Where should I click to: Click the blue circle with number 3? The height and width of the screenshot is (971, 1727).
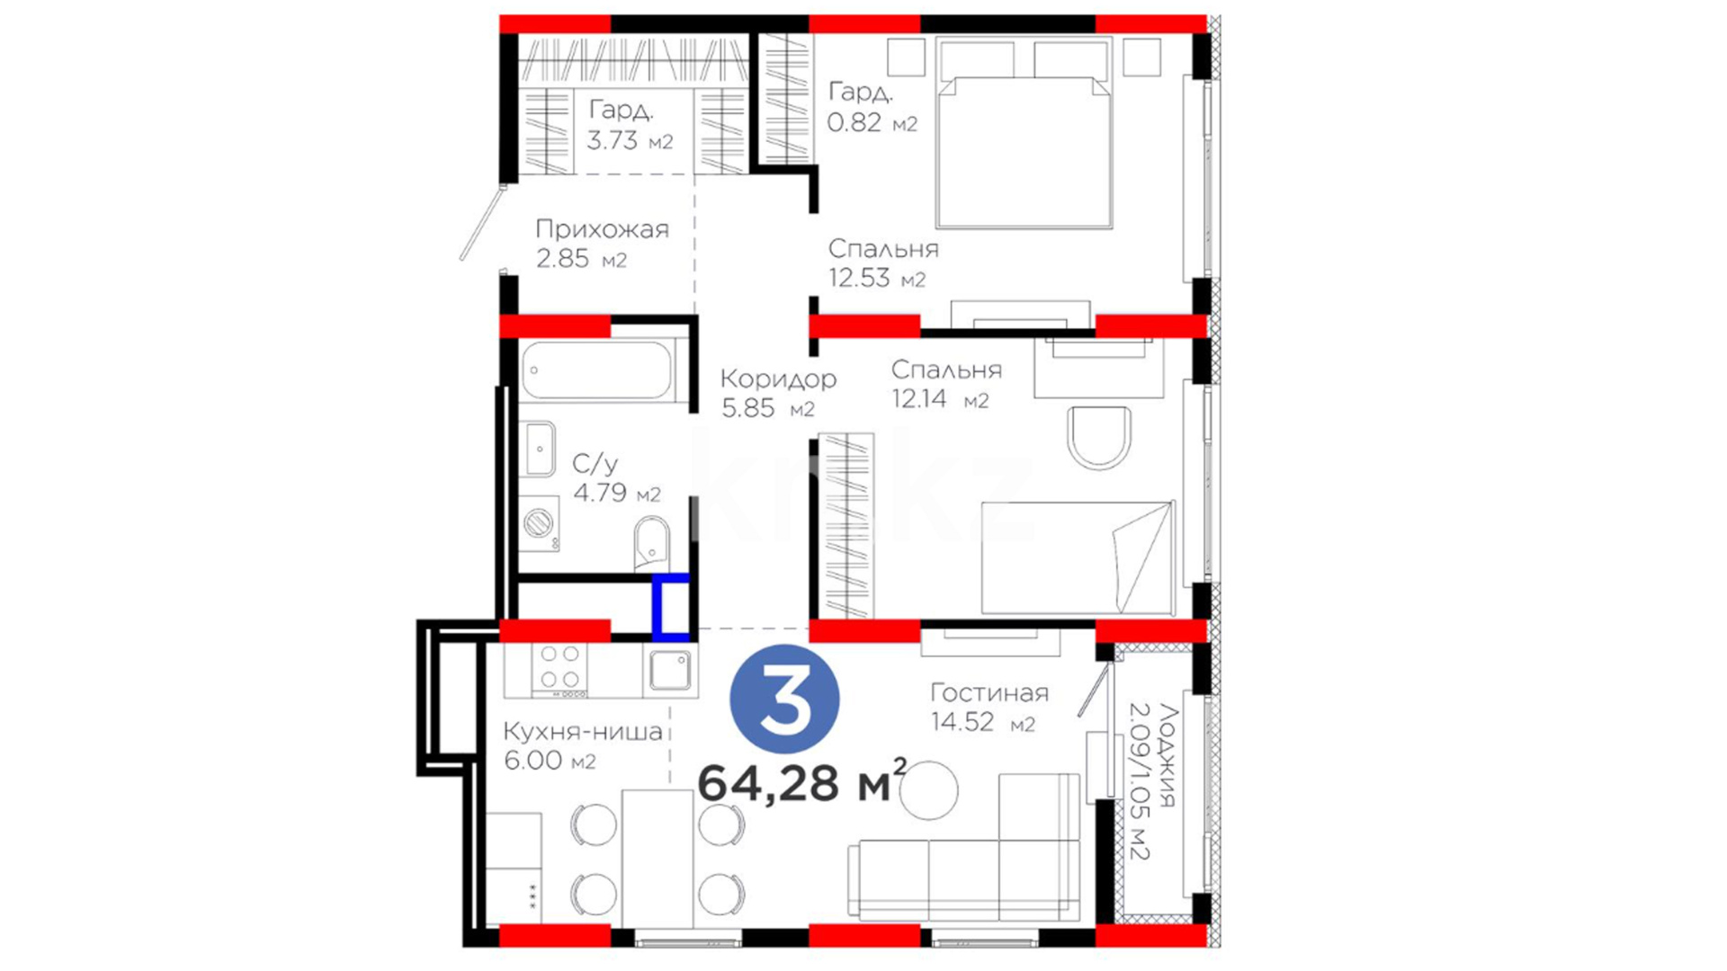pyautogui.click(x=784, y=699)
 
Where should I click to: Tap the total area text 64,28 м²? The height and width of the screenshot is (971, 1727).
pyautogui.click(x=801, y=781)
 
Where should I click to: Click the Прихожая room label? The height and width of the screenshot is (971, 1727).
pyautogui.click(x=602, y=229)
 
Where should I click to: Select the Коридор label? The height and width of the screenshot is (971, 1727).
pyautogui.click(x=778, y=379)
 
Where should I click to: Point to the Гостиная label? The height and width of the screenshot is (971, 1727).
pyautogui.click(x=989, y=692)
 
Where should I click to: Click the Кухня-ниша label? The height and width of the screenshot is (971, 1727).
pyautogui.click(x=583, y=731)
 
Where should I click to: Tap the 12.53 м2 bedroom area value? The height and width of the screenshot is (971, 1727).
pyautogui.click(x=877, y=278)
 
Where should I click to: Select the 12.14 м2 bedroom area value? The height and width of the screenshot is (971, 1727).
pyautogui.click(x=940, y=398)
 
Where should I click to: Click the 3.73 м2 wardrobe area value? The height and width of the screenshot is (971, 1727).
pyautogui.click(x=630, y=140)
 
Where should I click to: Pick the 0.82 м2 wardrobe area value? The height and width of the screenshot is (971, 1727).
pyautogui.click(x=872, y=122)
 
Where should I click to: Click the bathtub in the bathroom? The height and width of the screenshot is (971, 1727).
pyautogui.click(x=596, y=369)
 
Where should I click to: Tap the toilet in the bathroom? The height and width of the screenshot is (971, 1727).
pyautogui.click(x=650, y=541)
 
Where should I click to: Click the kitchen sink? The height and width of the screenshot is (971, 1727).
pyautogui.click(x=670, y=670)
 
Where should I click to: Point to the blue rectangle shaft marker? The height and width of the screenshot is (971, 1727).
pyautogui.click(x=671, y=607)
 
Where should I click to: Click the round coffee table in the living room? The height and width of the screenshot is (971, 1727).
pyautogui.click(x=929, y=790)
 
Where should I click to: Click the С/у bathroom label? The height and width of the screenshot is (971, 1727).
pyautogui.click(x=595, y=463)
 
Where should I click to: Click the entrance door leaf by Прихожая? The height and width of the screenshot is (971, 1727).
pyautogui.click(x=482, y=222)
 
